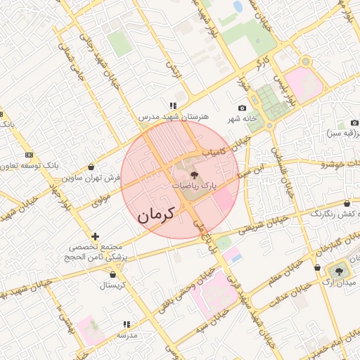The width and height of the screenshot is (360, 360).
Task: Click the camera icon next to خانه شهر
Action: (243, 108)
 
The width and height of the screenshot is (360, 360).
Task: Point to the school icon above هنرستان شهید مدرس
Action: (173, 106)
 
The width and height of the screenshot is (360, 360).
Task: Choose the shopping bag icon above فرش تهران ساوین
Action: (92, 167)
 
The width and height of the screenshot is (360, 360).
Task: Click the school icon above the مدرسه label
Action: (127, 324)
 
